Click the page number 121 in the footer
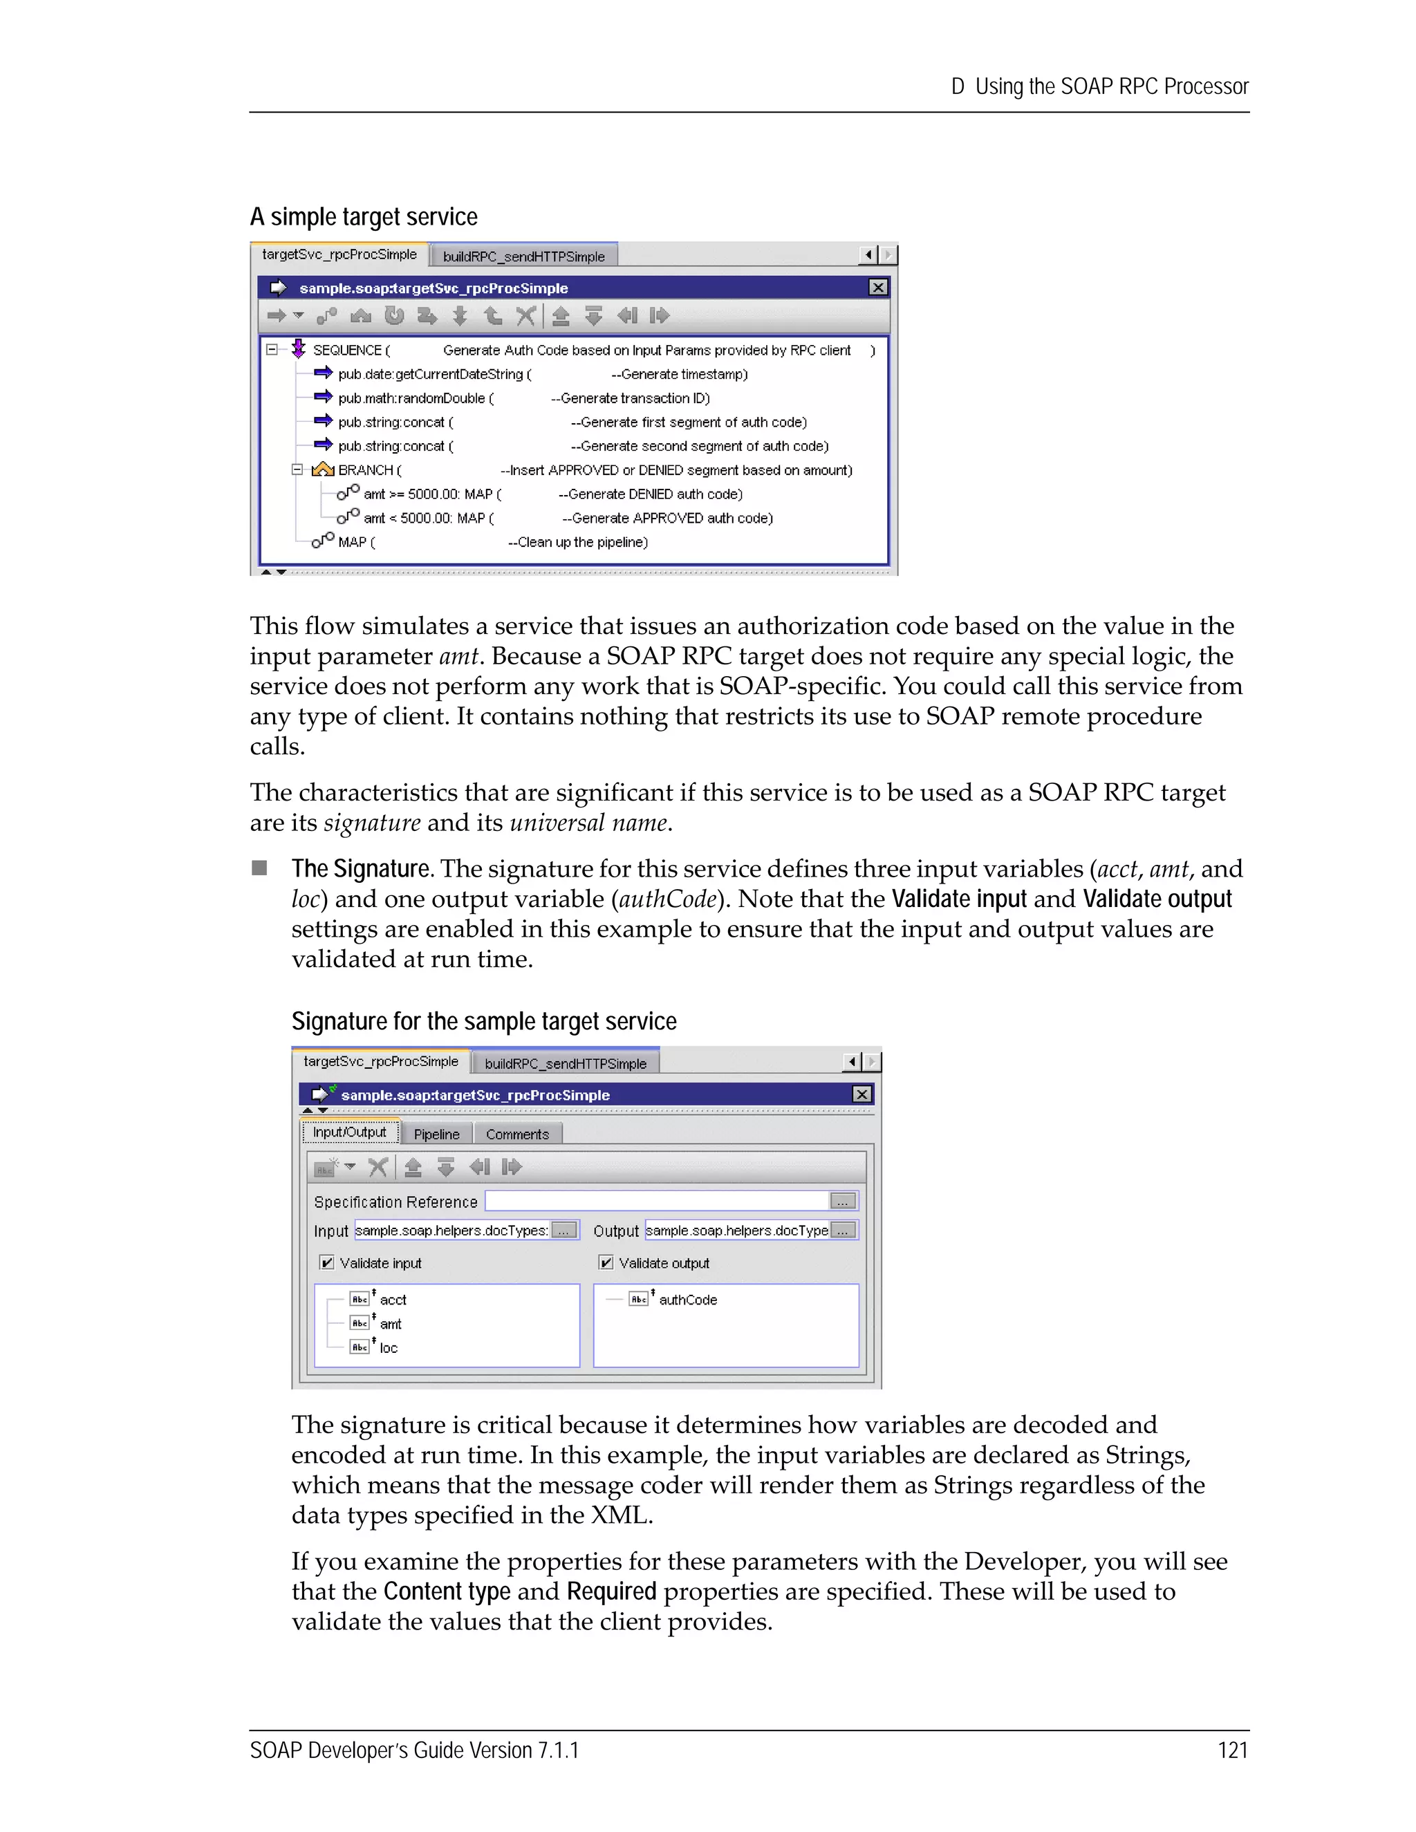[1231, 1750]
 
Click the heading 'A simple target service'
[363, 216]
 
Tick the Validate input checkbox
[328, 1262]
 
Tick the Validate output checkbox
[606, 1262]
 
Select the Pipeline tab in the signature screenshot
[436, 1134]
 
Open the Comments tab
[516, 1134]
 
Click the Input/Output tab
[350, 1132]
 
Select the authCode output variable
[687, 1300]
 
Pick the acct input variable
[393, 1300]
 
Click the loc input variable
[389, 1348]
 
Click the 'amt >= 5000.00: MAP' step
[431, 494]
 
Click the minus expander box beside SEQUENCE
[272, 350]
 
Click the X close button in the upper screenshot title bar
[877, 288]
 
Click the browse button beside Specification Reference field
[842, 1202]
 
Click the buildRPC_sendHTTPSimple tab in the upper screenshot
[523, 256]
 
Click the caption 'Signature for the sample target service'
[483, 1021]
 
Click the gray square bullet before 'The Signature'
[260, 868]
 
